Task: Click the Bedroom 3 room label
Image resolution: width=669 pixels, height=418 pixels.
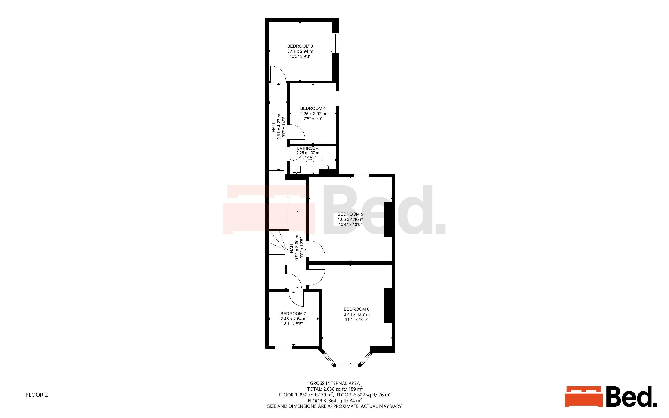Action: tap(300, 46)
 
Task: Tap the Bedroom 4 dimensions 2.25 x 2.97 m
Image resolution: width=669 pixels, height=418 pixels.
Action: tap(313, 114)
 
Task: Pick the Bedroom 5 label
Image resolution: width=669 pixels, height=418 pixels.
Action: tap(350, 214)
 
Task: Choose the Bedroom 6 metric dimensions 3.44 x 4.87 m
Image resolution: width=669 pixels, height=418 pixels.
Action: tap(356, 314)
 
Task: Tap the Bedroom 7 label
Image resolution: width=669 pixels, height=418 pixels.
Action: tap(293, 313)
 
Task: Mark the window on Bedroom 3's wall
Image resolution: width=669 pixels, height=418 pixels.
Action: tap(335, 44)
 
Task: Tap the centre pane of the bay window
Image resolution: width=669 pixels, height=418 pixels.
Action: tap(347, 366)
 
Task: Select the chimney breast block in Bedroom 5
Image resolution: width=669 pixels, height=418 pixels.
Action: tap(388, 219)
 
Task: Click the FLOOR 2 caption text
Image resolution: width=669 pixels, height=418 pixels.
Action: tap(37, 395)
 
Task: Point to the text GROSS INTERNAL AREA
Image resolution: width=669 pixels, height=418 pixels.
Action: tap(335, 383)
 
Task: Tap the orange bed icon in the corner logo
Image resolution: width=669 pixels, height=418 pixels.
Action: tap(583, 396)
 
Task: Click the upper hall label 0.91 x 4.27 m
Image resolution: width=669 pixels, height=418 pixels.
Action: tap(279, 127)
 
